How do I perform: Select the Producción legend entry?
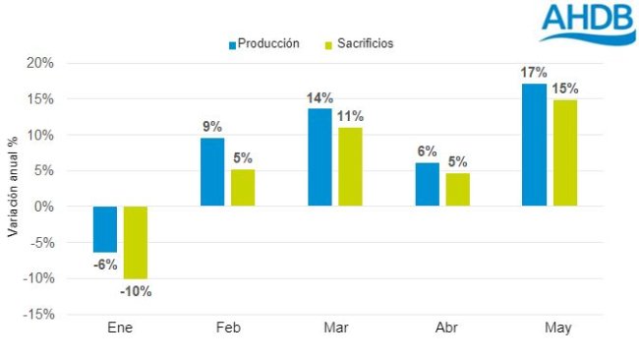[263, 43]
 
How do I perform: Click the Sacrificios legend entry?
[358, 43]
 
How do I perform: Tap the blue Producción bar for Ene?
[105, 229]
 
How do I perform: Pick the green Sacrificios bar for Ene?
[136, 242]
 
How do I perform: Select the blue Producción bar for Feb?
[212, 172]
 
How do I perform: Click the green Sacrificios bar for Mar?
[350, 167]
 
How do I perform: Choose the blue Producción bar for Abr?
[427, 185]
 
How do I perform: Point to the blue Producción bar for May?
[534, 145]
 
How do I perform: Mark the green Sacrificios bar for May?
[564, 152]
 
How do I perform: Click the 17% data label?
[534, 72]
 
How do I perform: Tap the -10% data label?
[136, 291]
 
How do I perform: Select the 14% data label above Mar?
[319, 97]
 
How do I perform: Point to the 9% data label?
[212, 126]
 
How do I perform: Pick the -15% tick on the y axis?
[39, 315]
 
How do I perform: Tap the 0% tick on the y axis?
[43, 207]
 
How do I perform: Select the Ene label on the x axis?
[120, 329]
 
